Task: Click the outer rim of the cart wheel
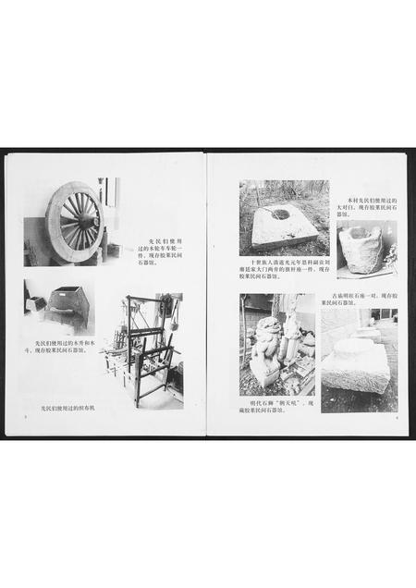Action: coord(54,222)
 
